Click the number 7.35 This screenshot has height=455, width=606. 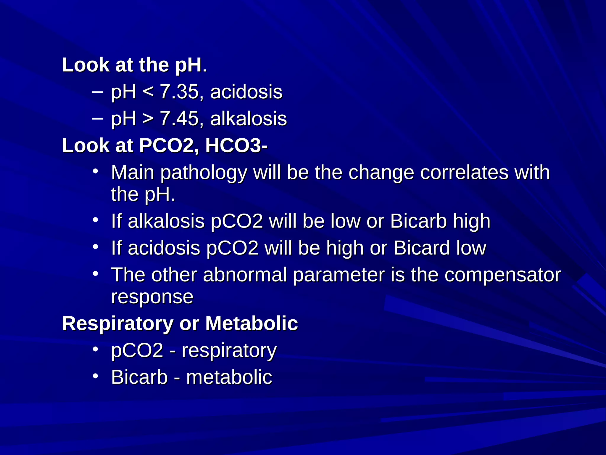click(179, 92)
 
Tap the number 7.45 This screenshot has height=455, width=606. click(179, 119)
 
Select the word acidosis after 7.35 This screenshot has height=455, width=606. click(246, 92)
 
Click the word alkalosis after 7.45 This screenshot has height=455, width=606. click(249, 119)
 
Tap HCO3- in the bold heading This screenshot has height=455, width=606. click(236, 146)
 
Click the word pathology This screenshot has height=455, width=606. click(204, 173)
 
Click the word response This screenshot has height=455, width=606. click(152, 297)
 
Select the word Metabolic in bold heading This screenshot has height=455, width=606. click(252, 323)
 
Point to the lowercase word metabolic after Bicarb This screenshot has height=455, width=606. click(229, 377)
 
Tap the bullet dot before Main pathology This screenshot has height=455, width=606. click(95, 172)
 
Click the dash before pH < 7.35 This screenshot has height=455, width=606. click(97, 92)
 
